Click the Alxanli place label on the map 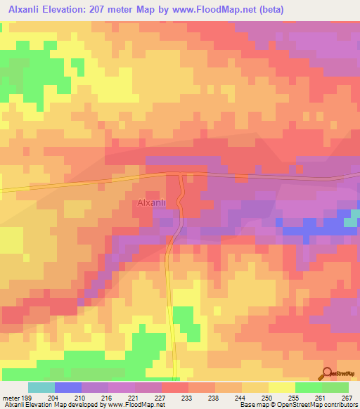[x=151, y=203]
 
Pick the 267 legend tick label [x=347, y=398]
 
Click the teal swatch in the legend [x=41, y=387]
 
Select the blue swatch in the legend [x=68, y=387]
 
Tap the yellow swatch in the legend [x=281, y=387]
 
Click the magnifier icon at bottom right [x=328, y=372]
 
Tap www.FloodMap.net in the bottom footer [x=134, y=405]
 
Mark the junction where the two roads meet [x=181, y=174]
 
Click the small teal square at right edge [x=351, y=222]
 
